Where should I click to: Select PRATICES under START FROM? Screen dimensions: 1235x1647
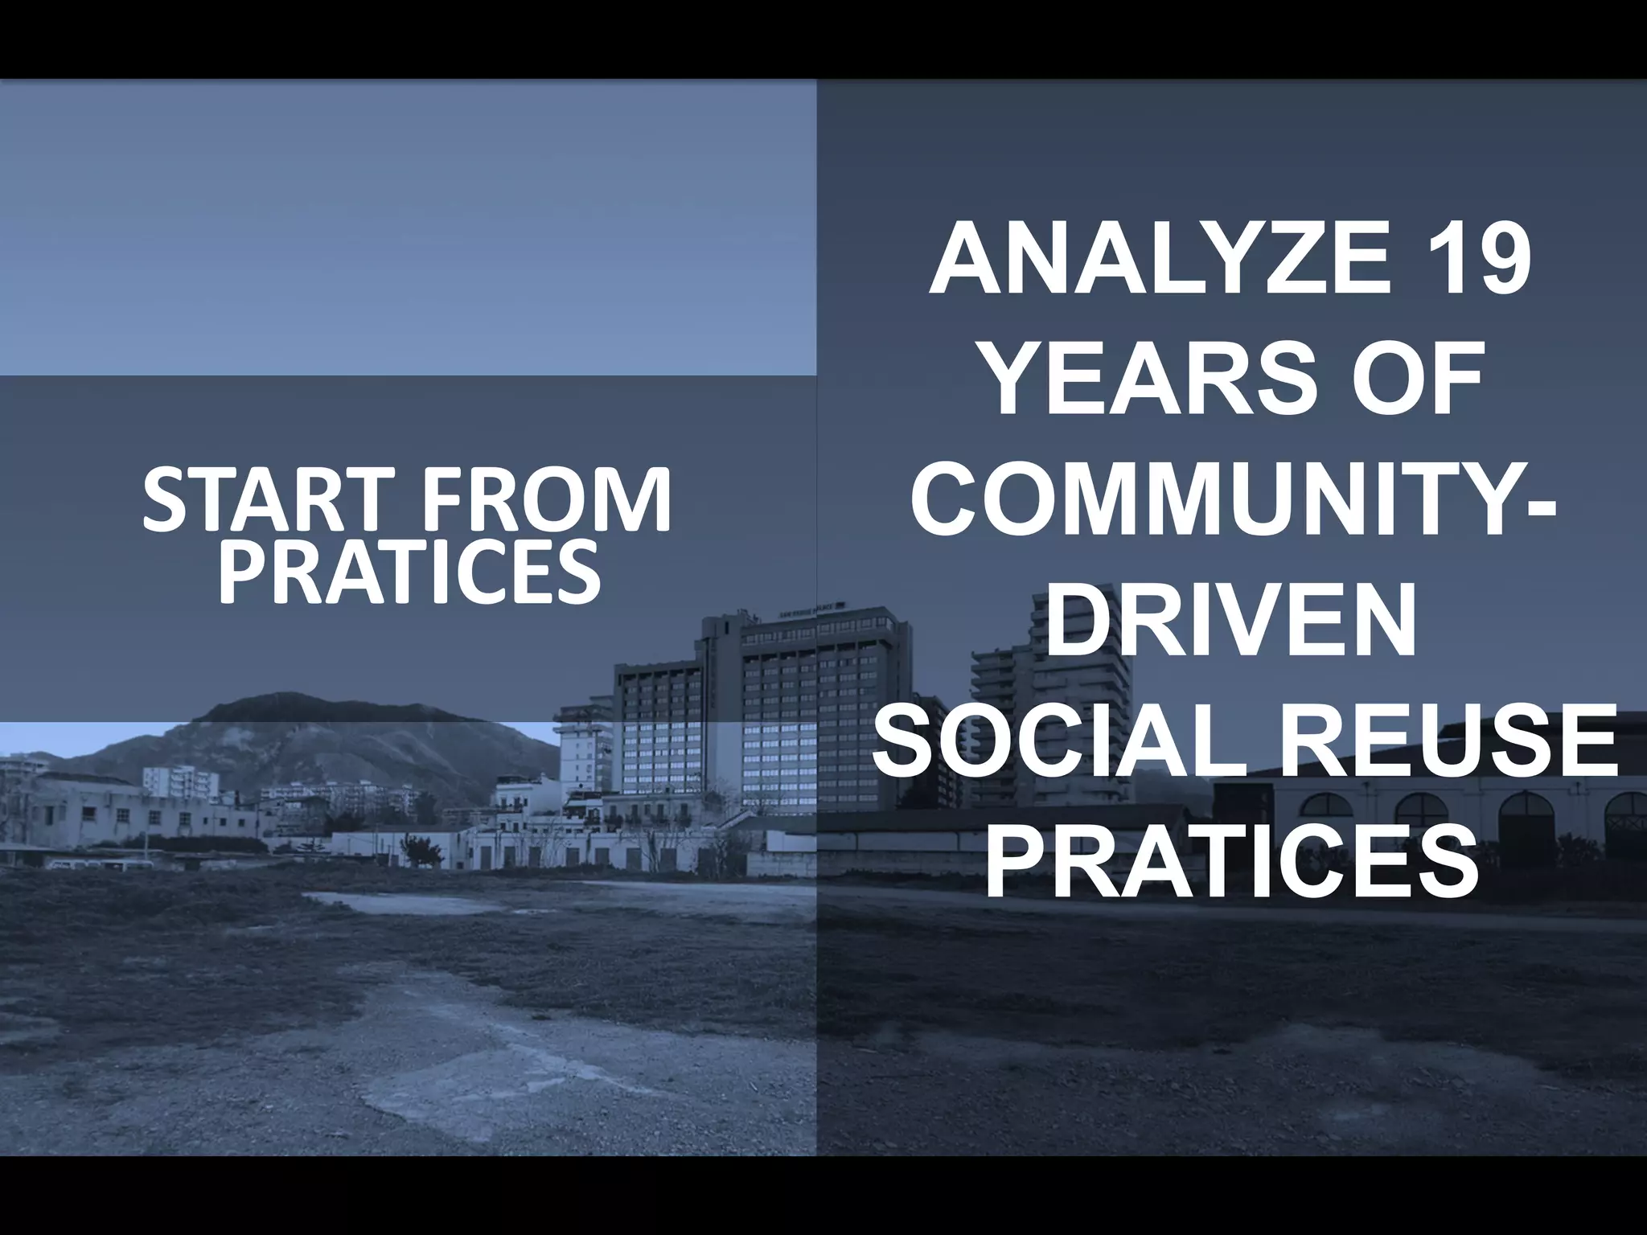pyautogui.click(x=409, y=572)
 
